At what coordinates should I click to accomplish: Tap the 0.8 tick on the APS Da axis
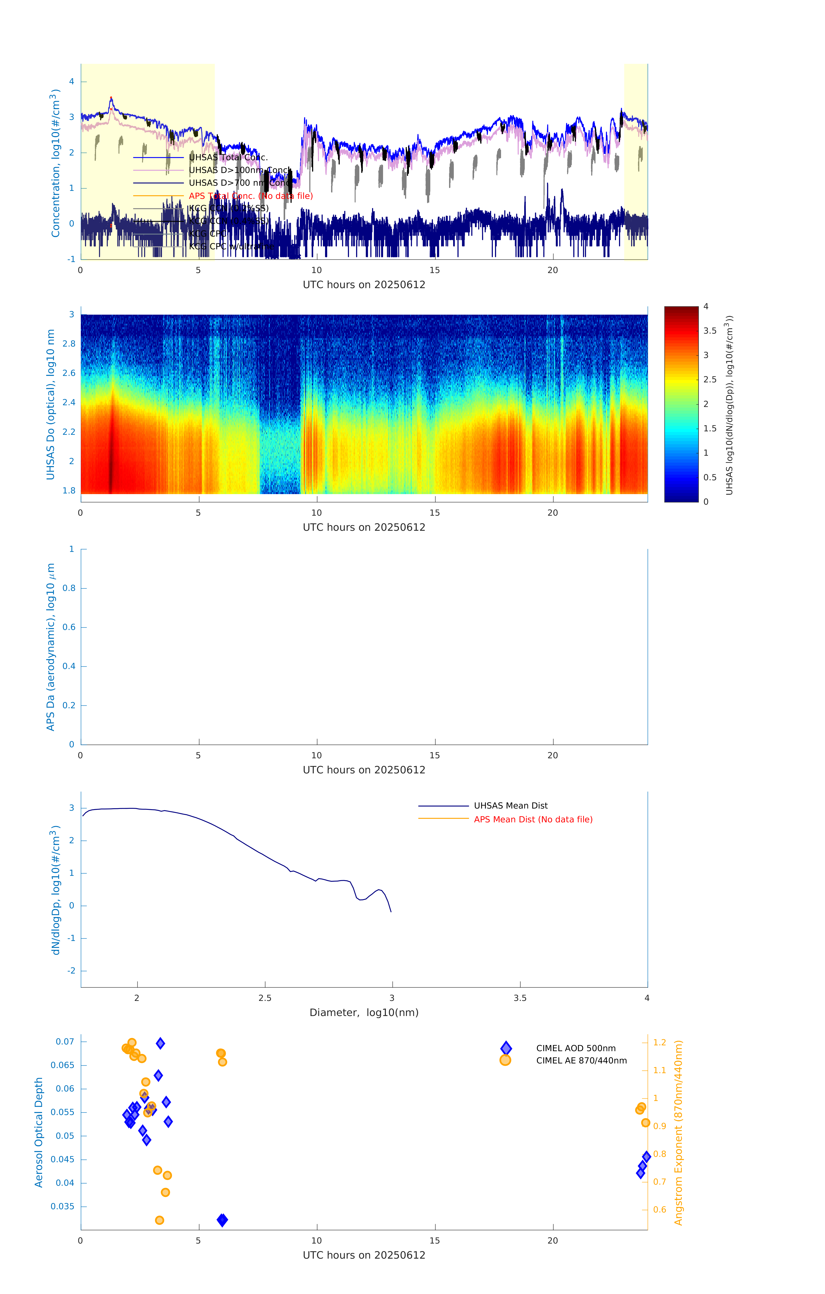click(69, 588)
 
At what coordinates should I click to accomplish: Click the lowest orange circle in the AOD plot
click(159, 1220)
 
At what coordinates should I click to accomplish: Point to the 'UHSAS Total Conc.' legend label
click(228, 157)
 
